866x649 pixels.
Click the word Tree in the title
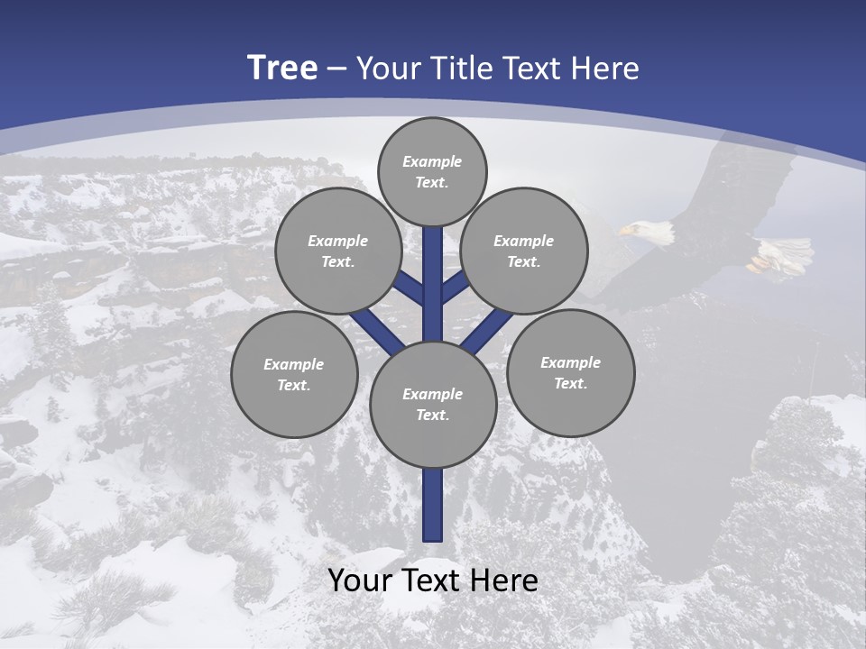[x=281, y=68]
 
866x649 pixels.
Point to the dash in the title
[x=336, y=69]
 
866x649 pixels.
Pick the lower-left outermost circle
[x=294, y=374]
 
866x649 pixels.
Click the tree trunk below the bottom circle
[x=433, y=505]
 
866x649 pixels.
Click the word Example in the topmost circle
[x=432, y=161]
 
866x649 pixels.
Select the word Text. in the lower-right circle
[x=570, y=383]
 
